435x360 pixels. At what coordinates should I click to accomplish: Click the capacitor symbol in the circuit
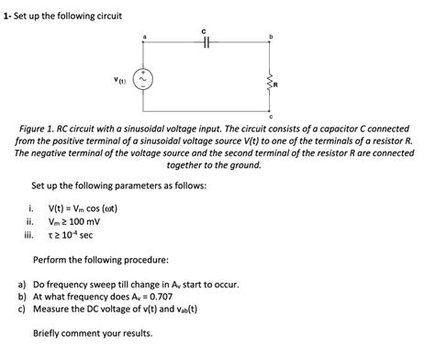click(206, 43)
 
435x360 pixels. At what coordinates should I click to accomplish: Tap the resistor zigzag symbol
click(270, 82)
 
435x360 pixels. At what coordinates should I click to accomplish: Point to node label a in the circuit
click(143, 35)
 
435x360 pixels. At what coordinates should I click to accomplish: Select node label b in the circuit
click(270, 35)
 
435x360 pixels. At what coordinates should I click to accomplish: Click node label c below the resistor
click(270, 117)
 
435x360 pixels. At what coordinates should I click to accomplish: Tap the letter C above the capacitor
click(206, 30)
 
